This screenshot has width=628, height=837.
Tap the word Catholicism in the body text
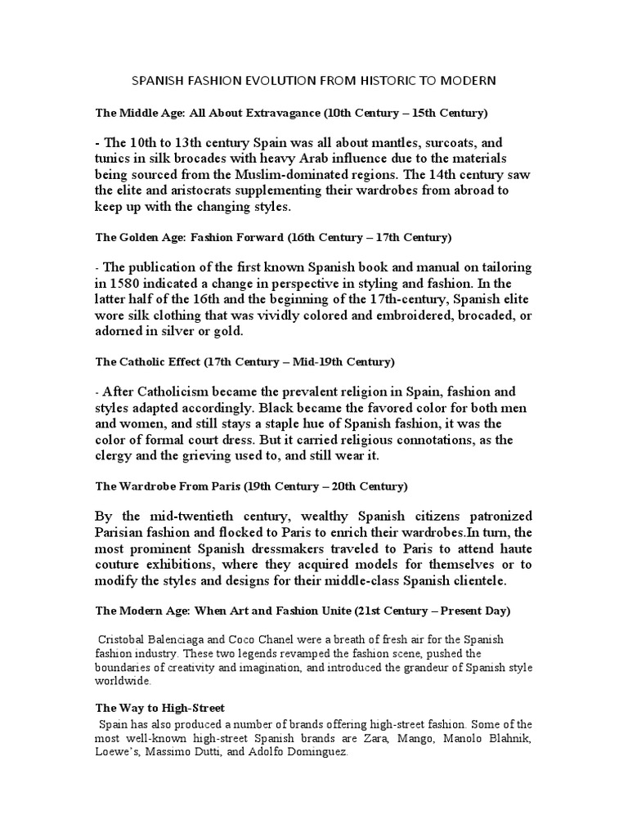(182, 392)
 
